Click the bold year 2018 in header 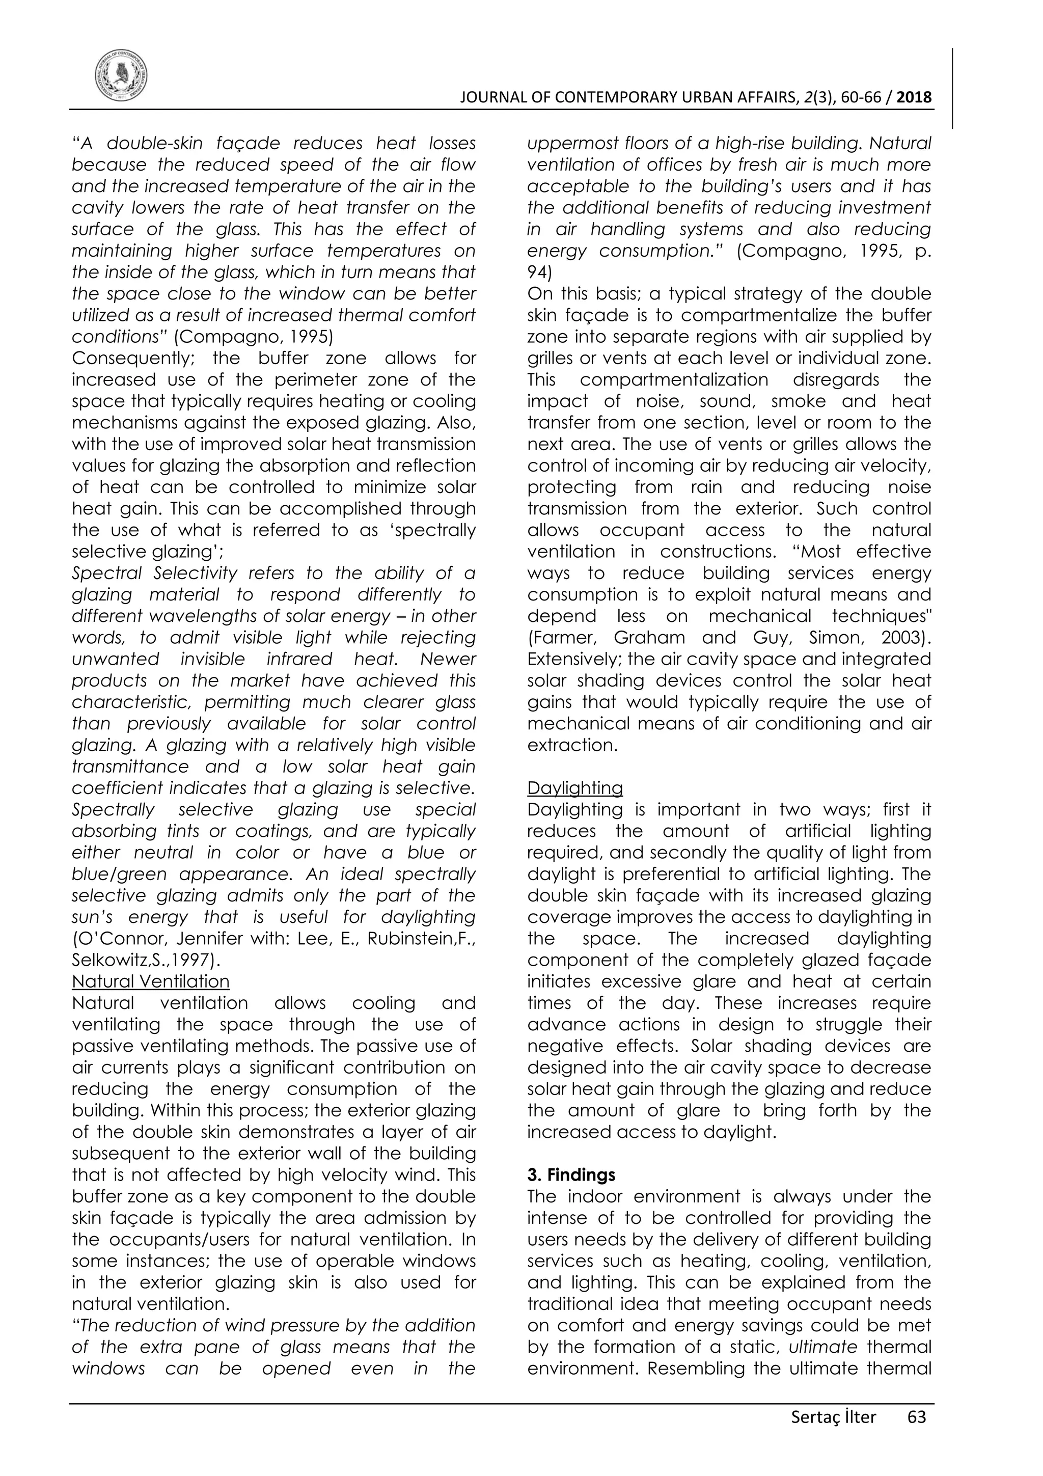point(914,98)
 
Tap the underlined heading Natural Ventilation point(150,981)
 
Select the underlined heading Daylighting point(574,788)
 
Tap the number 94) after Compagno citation point(538,272)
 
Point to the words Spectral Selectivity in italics point(154,573)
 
